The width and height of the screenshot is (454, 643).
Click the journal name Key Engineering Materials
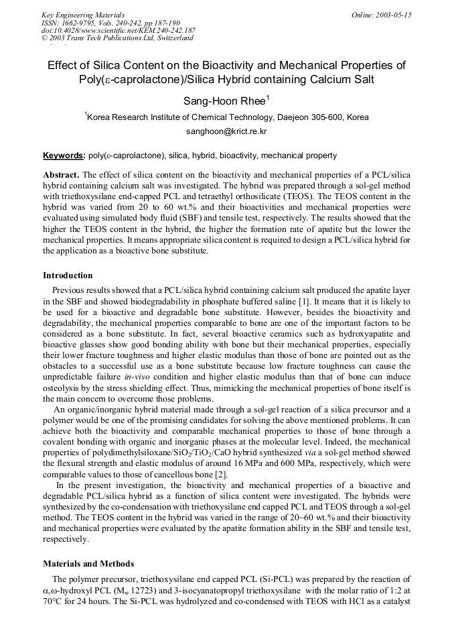pos(82,15)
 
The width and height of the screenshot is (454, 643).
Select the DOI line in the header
pos(118,30)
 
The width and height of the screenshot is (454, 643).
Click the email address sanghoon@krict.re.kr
pos(226,132)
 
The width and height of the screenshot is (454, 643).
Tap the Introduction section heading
pos(68,276)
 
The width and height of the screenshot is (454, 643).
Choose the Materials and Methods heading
pos(88,564)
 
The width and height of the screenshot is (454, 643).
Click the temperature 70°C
pos(54,599)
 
